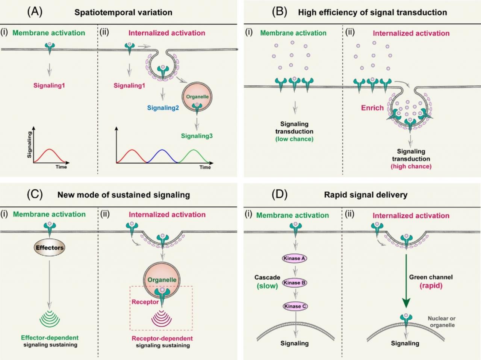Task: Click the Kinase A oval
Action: tap(294, 258)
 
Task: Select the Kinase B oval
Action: tap(295, 283)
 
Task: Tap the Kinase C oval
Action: tap(295, 306)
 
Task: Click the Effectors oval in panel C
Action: tap(50, 248)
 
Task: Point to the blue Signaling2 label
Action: tap(163, 108)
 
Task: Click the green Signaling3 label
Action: tap(197, 136)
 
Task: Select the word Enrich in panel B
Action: tap(372, 108)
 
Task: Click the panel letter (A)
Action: tap(35, 12)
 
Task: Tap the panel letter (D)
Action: tap(279, 194)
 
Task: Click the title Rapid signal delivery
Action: tap(366, 195)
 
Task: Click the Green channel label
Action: tap(431, 277)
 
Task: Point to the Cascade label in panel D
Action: tap(267, 277)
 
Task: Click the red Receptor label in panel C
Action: tap(145, 302)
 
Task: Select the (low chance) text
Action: tap(294, 139)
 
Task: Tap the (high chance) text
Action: tap(411, 166)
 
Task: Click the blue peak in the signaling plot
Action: tap(162, 151)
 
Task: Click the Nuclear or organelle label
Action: tap(442, 322)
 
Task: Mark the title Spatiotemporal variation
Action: tap(123, 12)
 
